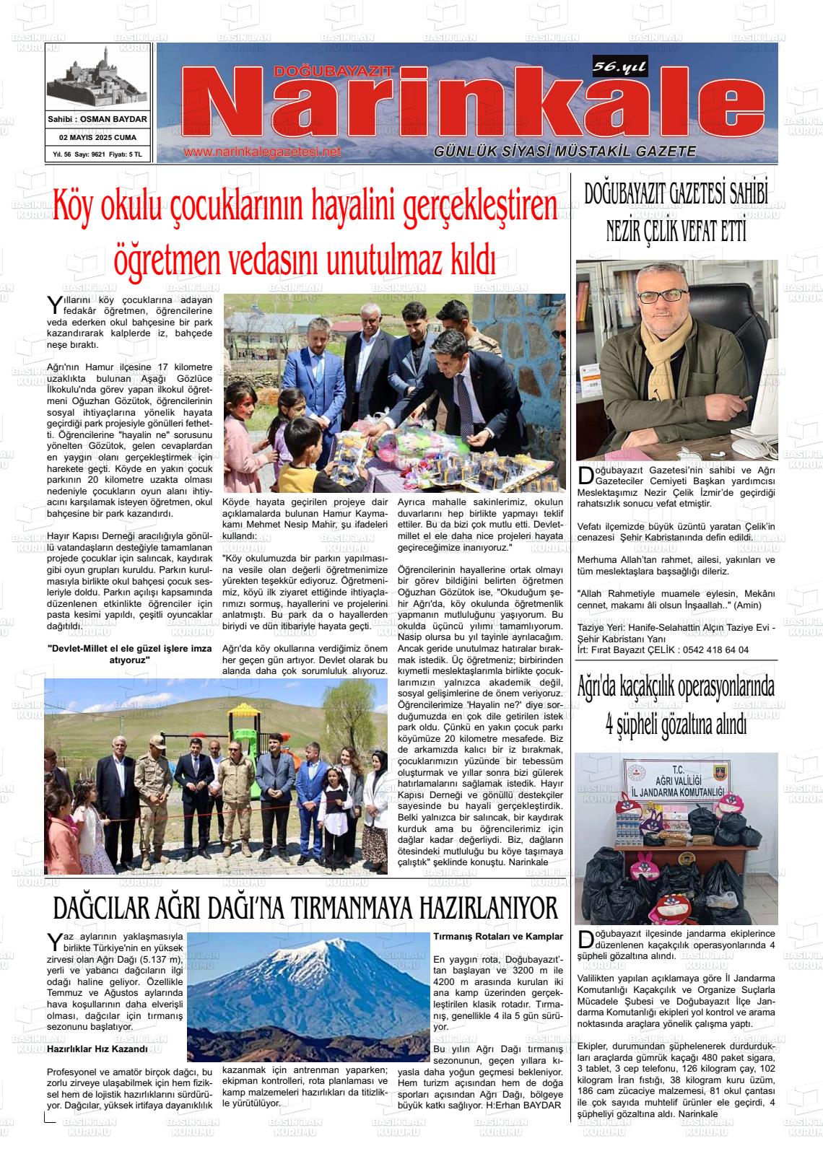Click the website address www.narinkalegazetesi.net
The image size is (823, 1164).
pos(262,152)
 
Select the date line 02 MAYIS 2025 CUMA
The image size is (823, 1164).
pos(97,137)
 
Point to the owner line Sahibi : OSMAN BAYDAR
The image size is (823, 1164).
pos(97,119)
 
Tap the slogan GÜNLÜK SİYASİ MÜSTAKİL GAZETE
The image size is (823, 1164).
pos(565,152)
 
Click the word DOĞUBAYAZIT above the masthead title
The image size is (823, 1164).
pos(333,71)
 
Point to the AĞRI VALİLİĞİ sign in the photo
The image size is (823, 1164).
pos(676,785)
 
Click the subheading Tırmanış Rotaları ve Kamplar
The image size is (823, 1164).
pos(497,936)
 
